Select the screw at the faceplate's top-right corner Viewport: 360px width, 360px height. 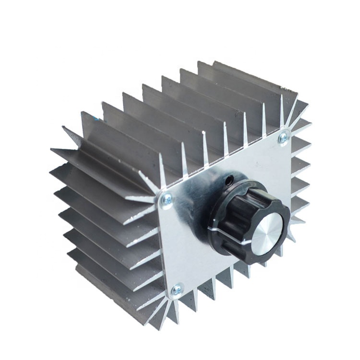(283, 137)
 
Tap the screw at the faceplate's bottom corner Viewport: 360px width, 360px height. (178, 288)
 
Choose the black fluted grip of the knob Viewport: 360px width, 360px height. (240, 202)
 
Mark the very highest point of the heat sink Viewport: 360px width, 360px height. (214, 61)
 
